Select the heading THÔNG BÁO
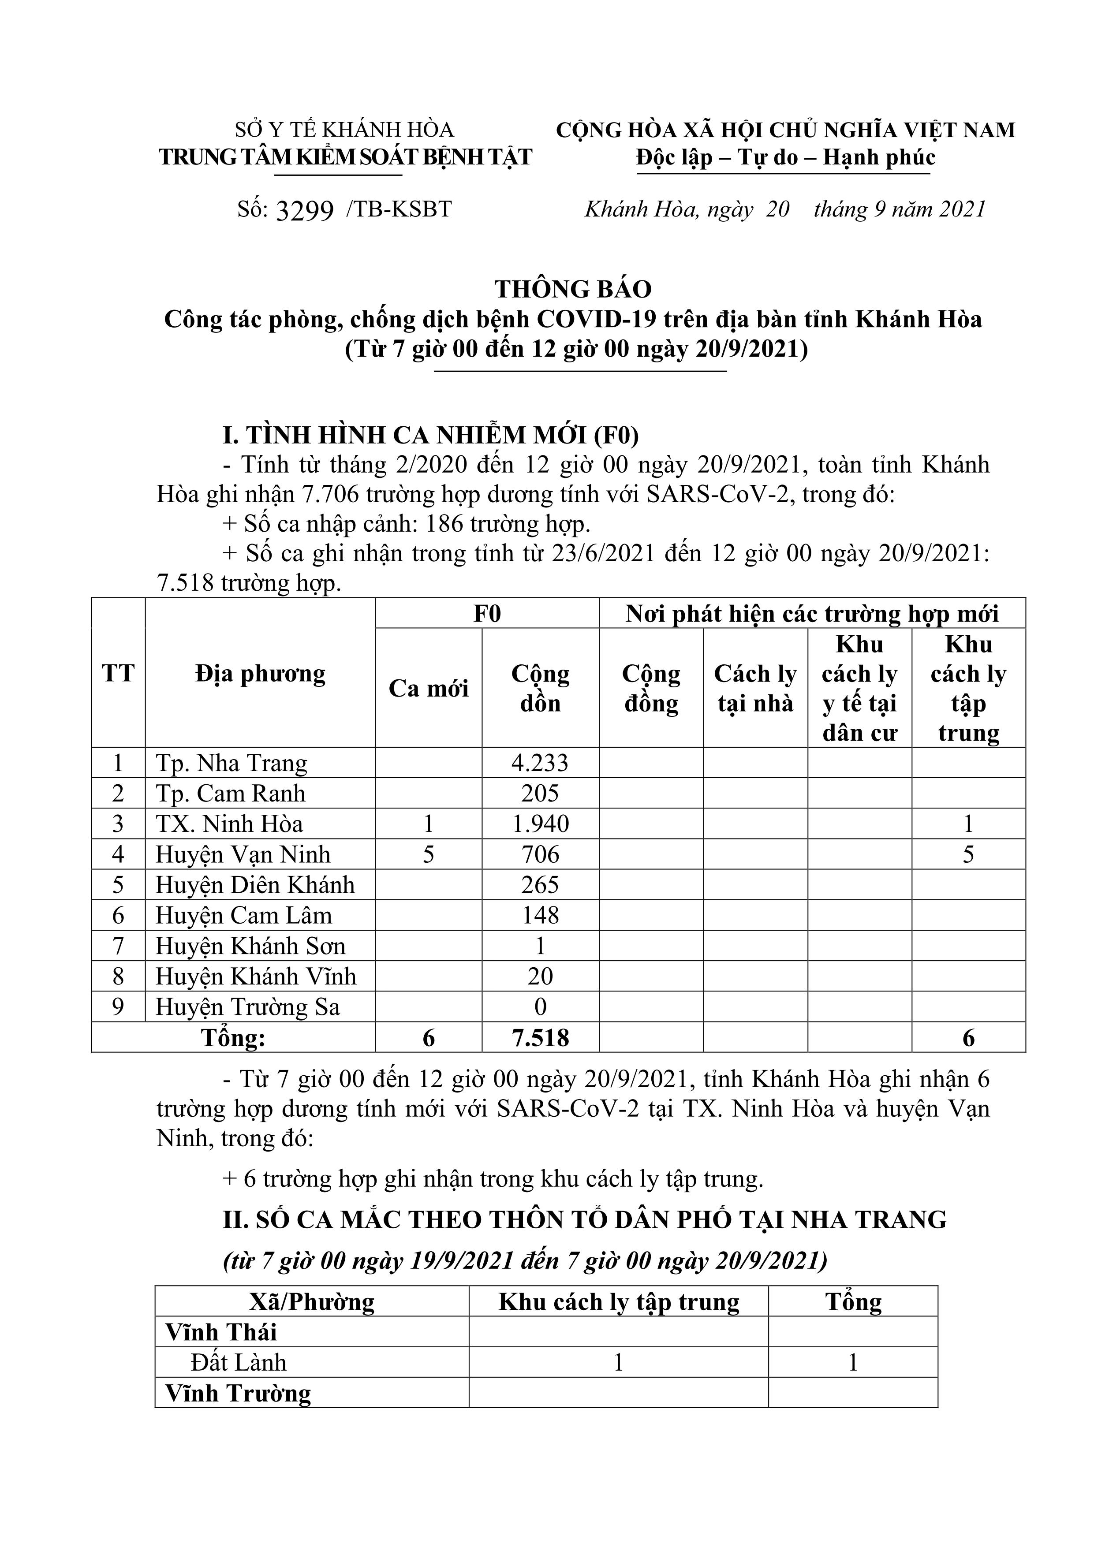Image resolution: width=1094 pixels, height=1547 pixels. pyautogui.click(x=573, y=289)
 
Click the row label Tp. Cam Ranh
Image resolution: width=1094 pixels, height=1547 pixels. pyautogui.click(x=231, y=793)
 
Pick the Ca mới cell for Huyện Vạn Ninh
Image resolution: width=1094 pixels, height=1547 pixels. pyautogui.click(x=428, y=854)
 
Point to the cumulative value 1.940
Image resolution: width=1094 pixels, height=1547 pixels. pyautogui.click(x=540, y=824)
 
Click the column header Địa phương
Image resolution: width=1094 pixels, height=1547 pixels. pyautogui.click(x=260, y=673)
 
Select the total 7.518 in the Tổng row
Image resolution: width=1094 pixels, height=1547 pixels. pyautogui.click(x=540, y=1038)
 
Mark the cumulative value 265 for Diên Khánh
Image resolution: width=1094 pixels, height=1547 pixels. pyautogui.click(x=540, y=885)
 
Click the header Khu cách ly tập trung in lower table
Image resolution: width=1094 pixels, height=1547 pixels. pyautogui.click(x=619, y=1302)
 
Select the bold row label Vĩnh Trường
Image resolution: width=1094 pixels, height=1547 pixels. pyautogui.click(x=238, y=1394)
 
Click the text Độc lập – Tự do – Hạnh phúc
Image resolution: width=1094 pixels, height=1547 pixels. pyautogui.click(x=785, y=158)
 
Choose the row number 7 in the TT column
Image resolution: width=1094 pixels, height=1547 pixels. pyautogui.click(x=118, y=946)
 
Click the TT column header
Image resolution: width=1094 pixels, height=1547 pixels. pyautogui.click(x=118, y=673)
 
